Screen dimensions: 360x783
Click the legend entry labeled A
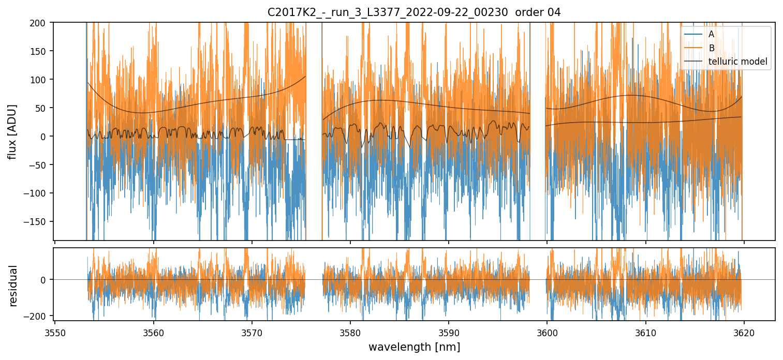point(711,35)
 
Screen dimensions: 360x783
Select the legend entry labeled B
point(711,48)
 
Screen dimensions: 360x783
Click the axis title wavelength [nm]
point(414,347)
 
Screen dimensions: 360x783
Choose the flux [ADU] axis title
point(11,131)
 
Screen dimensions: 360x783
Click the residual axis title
point(13,286)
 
